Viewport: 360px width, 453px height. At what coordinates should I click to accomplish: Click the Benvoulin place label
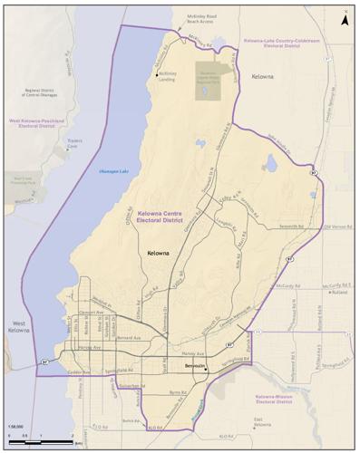tap(195, 366)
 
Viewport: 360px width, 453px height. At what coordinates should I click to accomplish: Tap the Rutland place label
tap(337, 292)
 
